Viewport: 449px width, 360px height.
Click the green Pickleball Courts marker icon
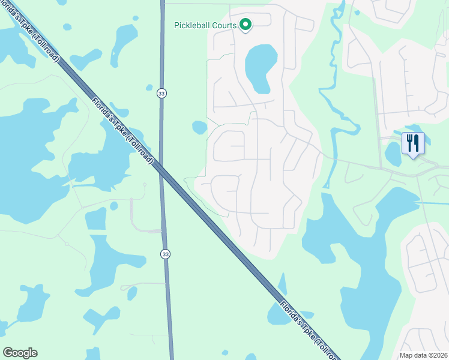point(245,25)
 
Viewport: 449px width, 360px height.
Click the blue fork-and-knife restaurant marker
point(413,143)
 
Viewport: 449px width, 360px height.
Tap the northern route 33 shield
point(161,93)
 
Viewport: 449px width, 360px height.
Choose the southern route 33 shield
point(165,254)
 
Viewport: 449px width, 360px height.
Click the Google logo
point(20,353)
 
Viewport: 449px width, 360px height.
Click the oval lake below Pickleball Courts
point(261,68)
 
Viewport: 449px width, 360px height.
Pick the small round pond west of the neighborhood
point(199,127)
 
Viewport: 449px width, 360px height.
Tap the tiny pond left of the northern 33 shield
point(149,88)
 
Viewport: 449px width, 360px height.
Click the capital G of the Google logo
point(8,353)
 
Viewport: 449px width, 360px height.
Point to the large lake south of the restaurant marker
point(366,252)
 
